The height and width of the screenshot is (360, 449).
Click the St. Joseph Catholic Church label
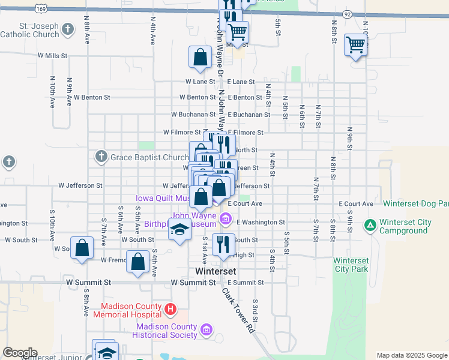[x=39, y=30]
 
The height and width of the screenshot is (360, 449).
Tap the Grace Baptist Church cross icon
[x=100, y=158]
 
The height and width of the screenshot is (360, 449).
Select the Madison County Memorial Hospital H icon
[x=171, y=310]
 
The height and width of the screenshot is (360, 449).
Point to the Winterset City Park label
[x=351, y=265]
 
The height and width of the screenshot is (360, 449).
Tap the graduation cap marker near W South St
[x=179, y=230]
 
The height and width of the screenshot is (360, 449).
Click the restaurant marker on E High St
[x=222, y=244]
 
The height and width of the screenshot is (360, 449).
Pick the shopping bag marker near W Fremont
[x=138, y=262]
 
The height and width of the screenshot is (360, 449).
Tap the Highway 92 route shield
[x=347, y=13]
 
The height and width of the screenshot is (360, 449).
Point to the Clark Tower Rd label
[x=238, y=311]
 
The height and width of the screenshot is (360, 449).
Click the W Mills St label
[x=52, y=55]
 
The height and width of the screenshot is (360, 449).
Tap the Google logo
[x=20, y=353]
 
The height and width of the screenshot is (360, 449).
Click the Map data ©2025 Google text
[x=411, y=355]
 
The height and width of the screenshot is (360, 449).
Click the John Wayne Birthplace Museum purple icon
[x=226, y=218]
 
